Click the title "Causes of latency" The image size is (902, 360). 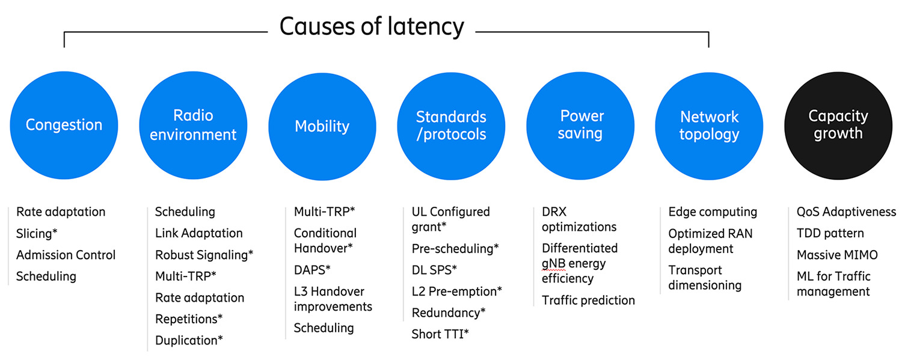[x=372, y=26]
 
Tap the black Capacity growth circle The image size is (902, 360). [x=838, y=125]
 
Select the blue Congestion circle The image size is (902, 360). [x=64, y=125]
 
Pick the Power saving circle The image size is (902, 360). [x=580, y=125]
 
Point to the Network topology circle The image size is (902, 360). [x=709, y=125]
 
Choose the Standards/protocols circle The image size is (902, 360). [x=451, y=125]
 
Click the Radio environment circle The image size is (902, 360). [x=193, y=125]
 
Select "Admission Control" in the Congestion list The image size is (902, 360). [x=66, y=255]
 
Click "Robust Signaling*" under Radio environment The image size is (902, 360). [x=204, y=255]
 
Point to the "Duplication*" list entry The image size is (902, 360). [x=189, y=340]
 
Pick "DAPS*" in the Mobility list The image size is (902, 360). [x=312, y=270]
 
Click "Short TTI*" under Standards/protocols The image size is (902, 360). [x=440, y=334]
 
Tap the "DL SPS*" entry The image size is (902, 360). [x=434, y=270]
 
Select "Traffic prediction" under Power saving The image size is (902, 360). [x=588, y=300]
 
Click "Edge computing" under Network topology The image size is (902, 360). [x=713, y=212]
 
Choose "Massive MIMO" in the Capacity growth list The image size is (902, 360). [x=837, y=255]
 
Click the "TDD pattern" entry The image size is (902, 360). [x=830, y=233]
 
